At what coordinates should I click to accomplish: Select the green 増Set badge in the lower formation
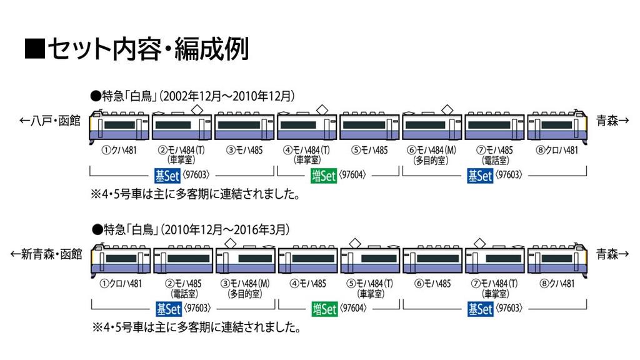tap(324, 309)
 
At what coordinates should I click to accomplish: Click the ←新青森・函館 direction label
tap(46, 254)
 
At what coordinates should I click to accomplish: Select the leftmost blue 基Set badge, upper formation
tap(167, 176)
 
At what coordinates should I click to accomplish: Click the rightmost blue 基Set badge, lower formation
tap(481, 309)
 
